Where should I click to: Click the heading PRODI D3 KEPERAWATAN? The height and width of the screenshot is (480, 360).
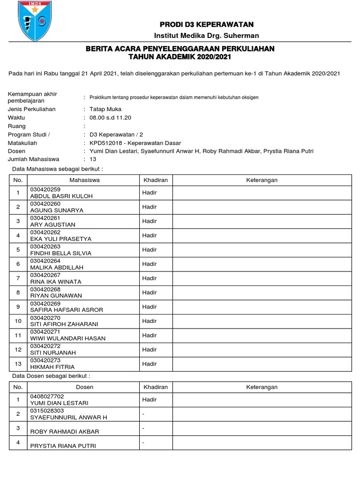tap(207, 24)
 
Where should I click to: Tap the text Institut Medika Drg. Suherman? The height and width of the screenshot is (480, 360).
tap(207, 36)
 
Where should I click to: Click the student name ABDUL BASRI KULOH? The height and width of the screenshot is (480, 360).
tap(61, 196)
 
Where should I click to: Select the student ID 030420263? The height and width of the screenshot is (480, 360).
tap(45, 247)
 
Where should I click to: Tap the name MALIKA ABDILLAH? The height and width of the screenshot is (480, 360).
tap(57, 267)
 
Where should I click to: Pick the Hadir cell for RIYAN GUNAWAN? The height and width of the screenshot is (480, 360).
tap(150, 292)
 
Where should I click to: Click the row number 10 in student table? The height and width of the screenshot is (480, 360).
tap(18, 321)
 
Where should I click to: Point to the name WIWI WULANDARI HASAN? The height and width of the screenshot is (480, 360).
tap(67, 338)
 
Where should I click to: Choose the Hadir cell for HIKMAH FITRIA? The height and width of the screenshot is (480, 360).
tap(150, 364)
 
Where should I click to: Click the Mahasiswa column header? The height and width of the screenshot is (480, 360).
tap(84, 180)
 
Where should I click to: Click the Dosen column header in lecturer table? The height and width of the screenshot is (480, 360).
tap(84, 387)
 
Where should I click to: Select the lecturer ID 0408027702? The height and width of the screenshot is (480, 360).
tap(47, 396)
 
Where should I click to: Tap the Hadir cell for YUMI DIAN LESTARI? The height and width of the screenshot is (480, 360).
tap(150, 400)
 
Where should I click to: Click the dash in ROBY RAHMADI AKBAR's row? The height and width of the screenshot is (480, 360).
tap(143, 428)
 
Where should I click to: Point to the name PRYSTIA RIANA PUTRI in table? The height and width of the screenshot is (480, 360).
tap(63, 446)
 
